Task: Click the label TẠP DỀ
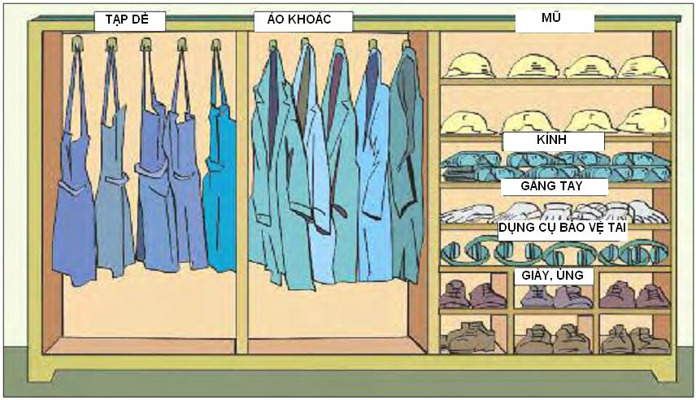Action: point(127,20)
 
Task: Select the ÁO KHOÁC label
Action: point(299,19)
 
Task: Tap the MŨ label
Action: point(550,17)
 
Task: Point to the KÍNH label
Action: point(551,139)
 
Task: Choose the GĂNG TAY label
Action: point(551,185)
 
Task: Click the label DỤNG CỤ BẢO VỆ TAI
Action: point(562,228)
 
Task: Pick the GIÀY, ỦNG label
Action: point(552,276)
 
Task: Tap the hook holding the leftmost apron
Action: point(77,43)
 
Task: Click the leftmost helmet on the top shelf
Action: point(470,66)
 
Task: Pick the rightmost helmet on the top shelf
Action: point(643,67)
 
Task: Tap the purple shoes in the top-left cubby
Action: point(472,295)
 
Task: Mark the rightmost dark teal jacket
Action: point(405,164)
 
